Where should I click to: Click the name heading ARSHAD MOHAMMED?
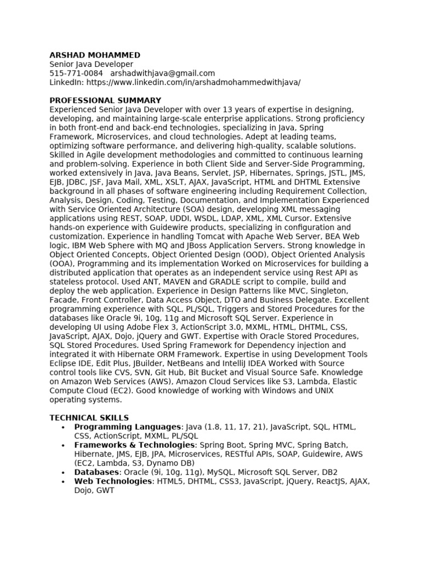(x=95, y=55)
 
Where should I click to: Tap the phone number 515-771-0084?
(x=76, y=73)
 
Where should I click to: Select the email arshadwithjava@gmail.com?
(x=162, y=73)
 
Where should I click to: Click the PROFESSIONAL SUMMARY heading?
(x=105, y=100)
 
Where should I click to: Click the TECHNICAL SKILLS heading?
(x=89, y=418)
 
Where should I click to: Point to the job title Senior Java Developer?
(x=91, y=64)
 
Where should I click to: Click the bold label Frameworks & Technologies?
(x=134, y=445)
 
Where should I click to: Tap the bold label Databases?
(x=96, y=472)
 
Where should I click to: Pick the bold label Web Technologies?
(x=113, y=481)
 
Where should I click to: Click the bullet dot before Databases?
(x=64, y=472)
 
